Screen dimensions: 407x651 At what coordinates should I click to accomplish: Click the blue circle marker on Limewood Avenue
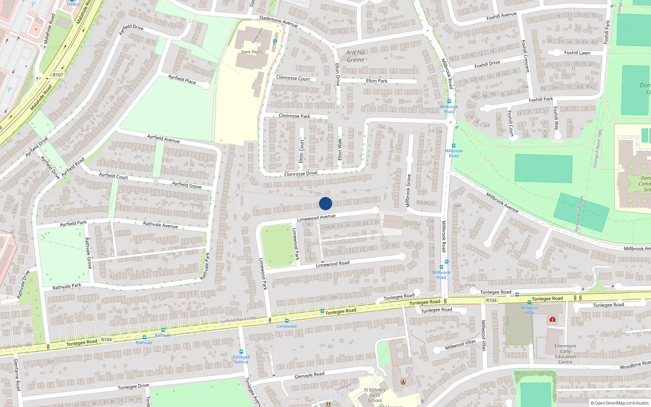(x=325, y=203)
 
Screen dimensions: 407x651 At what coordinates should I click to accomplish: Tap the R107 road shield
(x=58, y=75)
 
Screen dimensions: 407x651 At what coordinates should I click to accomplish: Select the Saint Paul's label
(x=251, y=52)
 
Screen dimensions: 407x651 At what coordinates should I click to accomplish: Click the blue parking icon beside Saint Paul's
(x=275, y=42)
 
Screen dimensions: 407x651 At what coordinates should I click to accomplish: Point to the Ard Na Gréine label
(x=356, y=56)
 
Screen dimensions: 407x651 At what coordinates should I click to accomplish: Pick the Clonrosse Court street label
(x=293, y=78)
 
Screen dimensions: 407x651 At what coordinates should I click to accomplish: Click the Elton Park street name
(x=376, y=81)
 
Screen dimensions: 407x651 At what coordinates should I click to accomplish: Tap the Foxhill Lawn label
(x=577, y=53)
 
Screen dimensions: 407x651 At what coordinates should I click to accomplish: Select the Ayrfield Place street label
(x=182, y=79)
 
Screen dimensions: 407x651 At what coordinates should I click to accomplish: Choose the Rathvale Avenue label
(x=160, y=225)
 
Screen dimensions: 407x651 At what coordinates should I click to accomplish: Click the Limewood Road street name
(x=332, y=264)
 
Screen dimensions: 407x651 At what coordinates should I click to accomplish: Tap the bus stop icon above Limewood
(x=287, y=321)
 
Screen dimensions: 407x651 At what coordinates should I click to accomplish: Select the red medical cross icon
(x=552, y=319)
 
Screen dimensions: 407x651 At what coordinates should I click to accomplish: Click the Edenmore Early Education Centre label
(x=565, y=354)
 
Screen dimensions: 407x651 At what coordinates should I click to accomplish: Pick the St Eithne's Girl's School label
(x=374, y=395)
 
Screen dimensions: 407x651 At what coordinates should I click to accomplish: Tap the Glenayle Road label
(x=309, y=375)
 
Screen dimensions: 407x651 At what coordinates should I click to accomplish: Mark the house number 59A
(x=439, y=131)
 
